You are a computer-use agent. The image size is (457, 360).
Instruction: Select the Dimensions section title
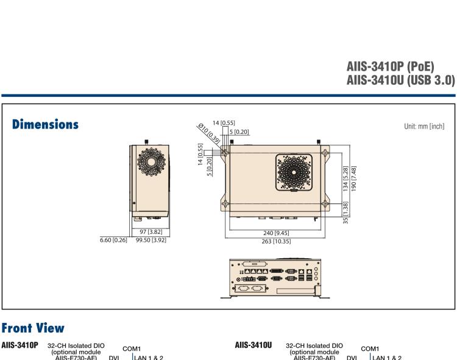(46, 124)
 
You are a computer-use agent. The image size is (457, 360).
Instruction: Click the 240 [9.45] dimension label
(277, 233)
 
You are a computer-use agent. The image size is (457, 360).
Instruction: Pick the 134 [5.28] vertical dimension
(346, 178)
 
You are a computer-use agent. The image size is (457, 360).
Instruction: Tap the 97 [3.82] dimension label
(151, 232)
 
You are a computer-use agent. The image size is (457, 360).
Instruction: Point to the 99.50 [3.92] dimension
(151, 240)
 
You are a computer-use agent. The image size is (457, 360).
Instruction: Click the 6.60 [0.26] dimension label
(113, 240)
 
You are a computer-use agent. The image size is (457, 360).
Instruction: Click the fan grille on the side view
(149, 162)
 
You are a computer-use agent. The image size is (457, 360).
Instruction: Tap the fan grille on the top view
(295, 171)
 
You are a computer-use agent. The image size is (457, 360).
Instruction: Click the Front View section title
(33, 328)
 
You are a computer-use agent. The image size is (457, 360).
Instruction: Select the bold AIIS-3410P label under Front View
(19, 345)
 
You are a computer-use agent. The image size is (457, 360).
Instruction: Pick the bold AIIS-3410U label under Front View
(253, 345)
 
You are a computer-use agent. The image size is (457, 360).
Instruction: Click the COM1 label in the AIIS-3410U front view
(370, 349)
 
